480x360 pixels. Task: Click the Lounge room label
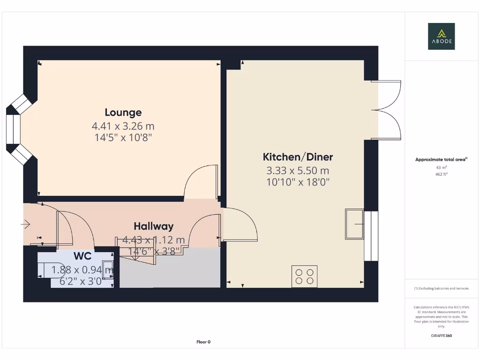(x=123, y=112)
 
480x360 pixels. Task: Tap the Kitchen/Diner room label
(x=298, y=157)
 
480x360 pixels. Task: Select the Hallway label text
(x=153, y=226)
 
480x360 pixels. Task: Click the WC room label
(x=82, y=256)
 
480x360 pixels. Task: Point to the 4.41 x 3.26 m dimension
(x=123, y=126)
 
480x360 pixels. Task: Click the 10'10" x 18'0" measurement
(x=298, y=182)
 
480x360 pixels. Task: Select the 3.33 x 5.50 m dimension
(x=298, y=171)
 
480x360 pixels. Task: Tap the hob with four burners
(x=304, y=276)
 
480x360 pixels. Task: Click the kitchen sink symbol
(x=354, y=224)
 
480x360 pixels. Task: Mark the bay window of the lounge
(x=16, y=129)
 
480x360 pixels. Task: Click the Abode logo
(x=441, y=37)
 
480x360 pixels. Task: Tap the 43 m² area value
(x=441, y=167)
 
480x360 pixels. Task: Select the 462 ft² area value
(x=441, y=174)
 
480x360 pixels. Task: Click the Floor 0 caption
(x=203, y=342)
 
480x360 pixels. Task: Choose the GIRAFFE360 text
(x=441, y=336)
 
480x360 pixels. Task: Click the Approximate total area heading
(x=441, y=160)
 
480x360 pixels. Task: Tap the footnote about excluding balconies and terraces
(x=441, y=288)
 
